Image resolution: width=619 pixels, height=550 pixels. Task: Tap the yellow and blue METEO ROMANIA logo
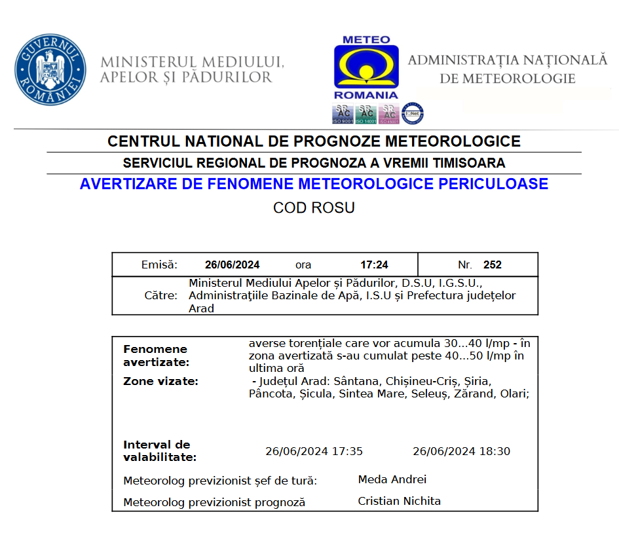click(366, 64)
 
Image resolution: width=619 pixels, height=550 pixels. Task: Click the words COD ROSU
click(314, 208)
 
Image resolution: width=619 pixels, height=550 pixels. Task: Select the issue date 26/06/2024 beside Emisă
click(232, 265)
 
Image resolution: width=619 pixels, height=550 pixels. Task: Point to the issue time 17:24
click(374, 265)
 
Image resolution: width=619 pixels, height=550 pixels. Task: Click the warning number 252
click(492, 265)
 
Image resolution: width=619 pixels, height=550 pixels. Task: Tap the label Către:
click(160, 296)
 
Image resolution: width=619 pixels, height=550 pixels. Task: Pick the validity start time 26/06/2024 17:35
click(314, 451)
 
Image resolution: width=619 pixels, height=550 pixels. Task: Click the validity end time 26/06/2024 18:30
click(461, 451)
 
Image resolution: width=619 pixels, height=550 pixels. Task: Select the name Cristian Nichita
click(399, 502)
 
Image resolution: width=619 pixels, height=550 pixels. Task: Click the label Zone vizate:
click(160, 381)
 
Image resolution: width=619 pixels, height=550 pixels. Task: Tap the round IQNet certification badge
click(412, 113)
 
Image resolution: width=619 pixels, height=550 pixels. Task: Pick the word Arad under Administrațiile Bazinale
click(202, 308)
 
